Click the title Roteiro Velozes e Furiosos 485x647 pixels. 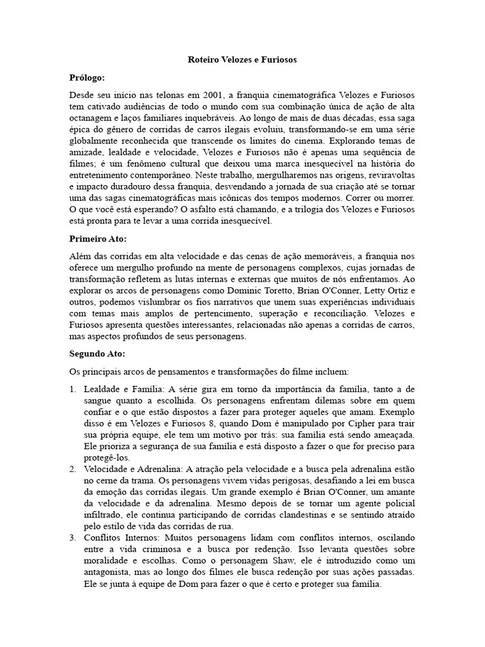point(242,60)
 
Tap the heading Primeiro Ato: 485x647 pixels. point(98,239)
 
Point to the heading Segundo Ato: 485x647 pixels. point(97,353)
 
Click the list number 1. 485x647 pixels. point(73,389)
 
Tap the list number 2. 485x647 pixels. point(73,469)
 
